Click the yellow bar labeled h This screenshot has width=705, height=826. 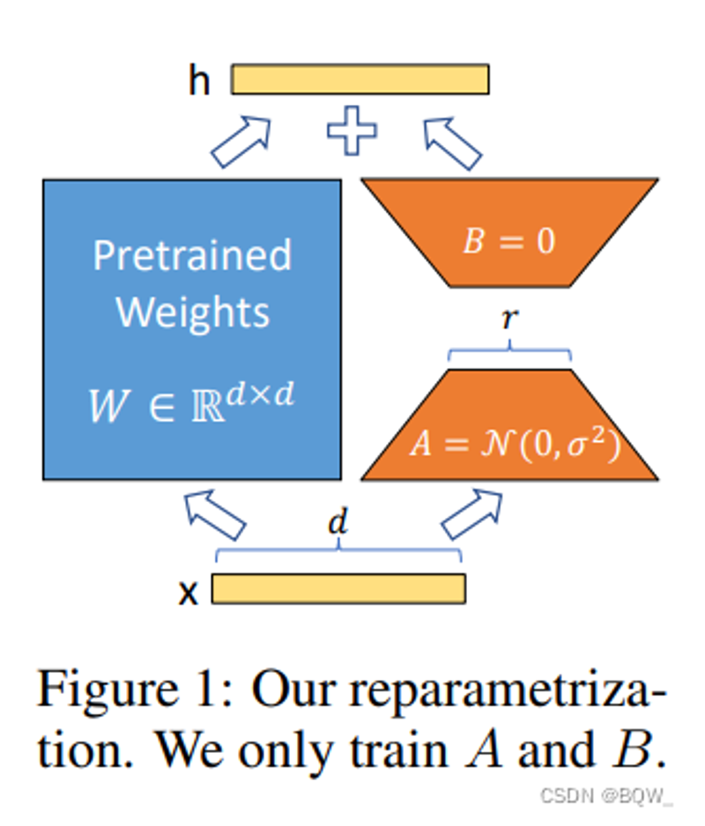point(360,79)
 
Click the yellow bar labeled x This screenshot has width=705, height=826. point(338,588)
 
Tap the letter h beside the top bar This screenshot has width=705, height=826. point(199,81)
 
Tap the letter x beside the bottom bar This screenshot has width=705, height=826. point(189,594)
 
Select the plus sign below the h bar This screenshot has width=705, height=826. point(352,130)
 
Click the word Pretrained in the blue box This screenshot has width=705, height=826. point(192,256)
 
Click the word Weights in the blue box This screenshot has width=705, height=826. point(192,313)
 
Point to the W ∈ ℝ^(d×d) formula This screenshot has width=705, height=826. point(191,403)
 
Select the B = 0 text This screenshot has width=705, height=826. point(509,240)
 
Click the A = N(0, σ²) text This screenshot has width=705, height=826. point(515,442)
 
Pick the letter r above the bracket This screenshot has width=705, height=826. point(510,318)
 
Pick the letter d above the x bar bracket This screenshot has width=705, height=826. point(338,520)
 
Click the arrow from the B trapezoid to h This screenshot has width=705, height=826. point(452,144)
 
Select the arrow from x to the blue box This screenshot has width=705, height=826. point(214,514)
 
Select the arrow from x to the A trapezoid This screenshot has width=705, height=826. point(471,514)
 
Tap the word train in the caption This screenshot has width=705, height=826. point(399,750)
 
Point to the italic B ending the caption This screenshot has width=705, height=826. point(632,749)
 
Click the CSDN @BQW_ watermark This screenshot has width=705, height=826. point(606,795)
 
